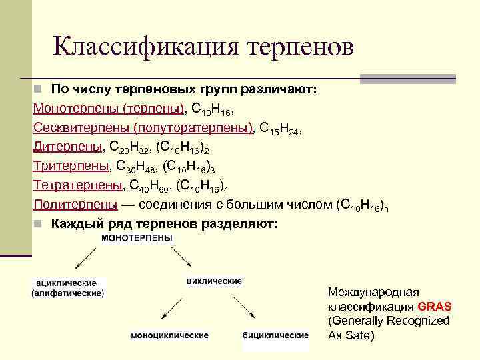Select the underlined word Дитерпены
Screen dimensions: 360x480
point(65,145)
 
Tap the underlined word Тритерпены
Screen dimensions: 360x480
point(69,165)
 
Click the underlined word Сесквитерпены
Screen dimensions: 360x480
point(81,127)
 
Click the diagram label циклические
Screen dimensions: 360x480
point(213,281)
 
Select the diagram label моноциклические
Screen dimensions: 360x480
point(169,335)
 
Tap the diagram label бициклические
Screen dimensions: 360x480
point(275,335)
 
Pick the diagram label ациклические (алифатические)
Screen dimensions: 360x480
point(68,288)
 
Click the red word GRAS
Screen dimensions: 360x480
point(435,307)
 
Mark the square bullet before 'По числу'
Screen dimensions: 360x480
point(39,89)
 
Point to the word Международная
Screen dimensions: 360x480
point(373,292)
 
